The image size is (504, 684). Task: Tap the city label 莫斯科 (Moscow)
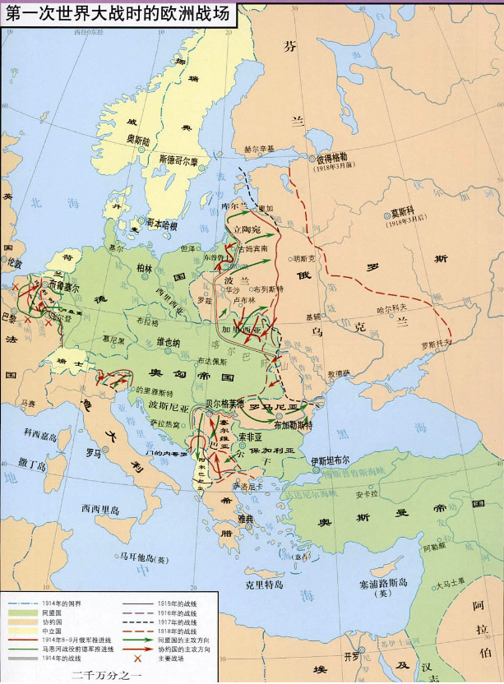click(405, 210)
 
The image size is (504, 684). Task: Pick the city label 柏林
click(145, 267)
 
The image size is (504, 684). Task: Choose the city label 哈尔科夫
click(392, 308)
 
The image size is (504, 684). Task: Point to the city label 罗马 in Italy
click(93, 452)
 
